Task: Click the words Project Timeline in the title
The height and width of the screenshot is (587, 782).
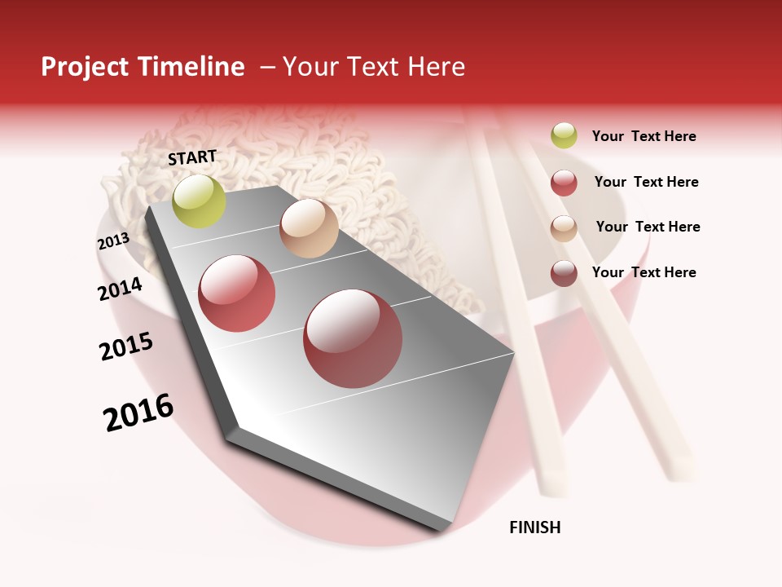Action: click(x=143, y=67)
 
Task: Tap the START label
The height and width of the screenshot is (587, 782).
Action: click(x=192, y=157)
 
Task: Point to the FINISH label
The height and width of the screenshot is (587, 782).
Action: click(x=535, y=527)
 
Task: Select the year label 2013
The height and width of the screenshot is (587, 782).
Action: click(x=113, y=241)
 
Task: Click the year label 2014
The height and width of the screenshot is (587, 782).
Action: click(x=120, y=289)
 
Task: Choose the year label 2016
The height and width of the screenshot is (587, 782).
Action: click(x=138, y=413)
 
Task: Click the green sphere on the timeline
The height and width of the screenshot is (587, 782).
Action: click(x=199, y=201)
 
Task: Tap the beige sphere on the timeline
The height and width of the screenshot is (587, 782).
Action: click(x=309, y=227)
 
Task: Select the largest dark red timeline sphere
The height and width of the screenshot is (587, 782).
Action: click(x=353, y=338)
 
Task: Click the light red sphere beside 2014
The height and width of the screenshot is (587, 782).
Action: click(x=236, y=293)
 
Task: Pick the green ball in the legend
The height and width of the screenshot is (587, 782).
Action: click(x=564, y=136)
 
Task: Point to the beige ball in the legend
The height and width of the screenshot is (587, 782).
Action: click(x=564, y=228)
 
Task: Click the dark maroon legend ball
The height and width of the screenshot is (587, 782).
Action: click(x=564, y=273)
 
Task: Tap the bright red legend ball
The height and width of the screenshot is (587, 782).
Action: click(x=564, y=183)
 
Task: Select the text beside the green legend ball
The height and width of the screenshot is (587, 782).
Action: click(x=644, y=136)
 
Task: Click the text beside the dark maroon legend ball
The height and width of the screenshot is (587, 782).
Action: click(x=644, y=272)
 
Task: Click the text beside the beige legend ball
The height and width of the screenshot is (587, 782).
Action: click(x=648, y=227)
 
